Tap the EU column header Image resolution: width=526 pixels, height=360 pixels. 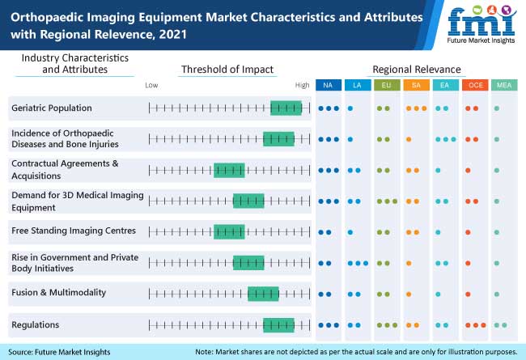click(x=386, y=86)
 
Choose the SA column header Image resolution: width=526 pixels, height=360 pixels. click(x=415, y=86)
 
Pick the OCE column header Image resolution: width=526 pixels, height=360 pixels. click(x=473, y=86)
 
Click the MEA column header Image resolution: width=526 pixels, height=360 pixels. click(x=503, y=86)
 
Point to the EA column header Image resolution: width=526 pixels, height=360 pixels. click(x=444, y=86)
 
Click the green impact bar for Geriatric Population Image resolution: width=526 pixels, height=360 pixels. click(x=286, y=108)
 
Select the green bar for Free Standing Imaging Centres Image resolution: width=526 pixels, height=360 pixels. click(x=229, y=231)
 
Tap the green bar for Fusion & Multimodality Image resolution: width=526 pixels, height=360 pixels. click(x=263, y=294)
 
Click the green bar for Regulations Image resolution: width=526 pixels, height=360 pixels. click(x=278, y=325)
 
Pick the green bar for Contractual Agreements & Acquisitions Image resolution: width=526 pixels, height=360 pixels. click(x=229, y=170)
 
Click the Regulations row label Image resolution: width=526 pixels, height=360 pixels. click(x=36, y=325)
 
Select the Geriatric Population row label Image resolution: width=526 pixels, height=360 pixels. click(x=52, y=108)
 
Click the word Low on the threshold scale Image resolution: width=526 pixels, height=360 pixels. click(x=151, y=84)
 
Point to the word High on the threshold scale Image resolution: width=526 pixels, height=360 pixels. click(x=302, y=84)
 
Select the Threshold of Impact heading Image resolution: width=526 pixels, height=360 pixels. click(x=227, y=69)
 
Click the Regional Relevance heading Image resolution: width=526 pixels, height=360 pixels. click(x=416, y=69)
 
